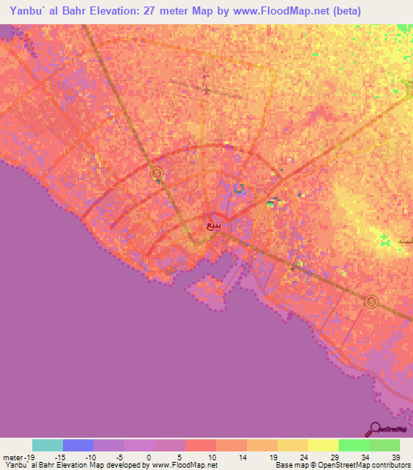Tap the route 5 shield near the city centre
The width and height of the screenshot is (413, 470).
[156, 174]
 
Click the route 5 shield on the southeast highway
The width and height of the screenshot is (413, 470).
[370, 302]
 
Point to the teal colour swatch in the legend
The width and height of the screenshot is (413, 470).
[48, 445]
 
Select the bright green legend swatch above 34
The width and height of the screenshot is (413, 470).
[353, 445]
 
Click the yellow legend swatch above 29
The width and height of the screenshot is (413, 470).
[323, 445]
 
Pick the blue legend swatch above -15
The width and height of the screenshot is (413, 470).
[78, 445]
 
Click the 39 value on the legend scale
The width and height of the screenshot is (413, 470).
[395, 456]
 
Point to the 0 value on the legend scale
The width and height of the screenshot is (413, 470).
[151, 456]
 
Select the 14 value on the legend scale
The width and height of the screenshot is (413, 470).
[243, 456]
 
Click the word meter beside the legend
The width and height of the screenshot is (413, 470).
[12, 456]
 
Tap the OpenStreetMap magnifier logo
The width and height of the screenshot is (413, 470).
[374, 430]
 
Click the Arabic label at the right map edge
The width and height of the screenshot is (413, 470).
[405, 241]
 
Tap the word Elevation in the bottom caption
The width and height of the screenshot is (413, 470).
[75, 466]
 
